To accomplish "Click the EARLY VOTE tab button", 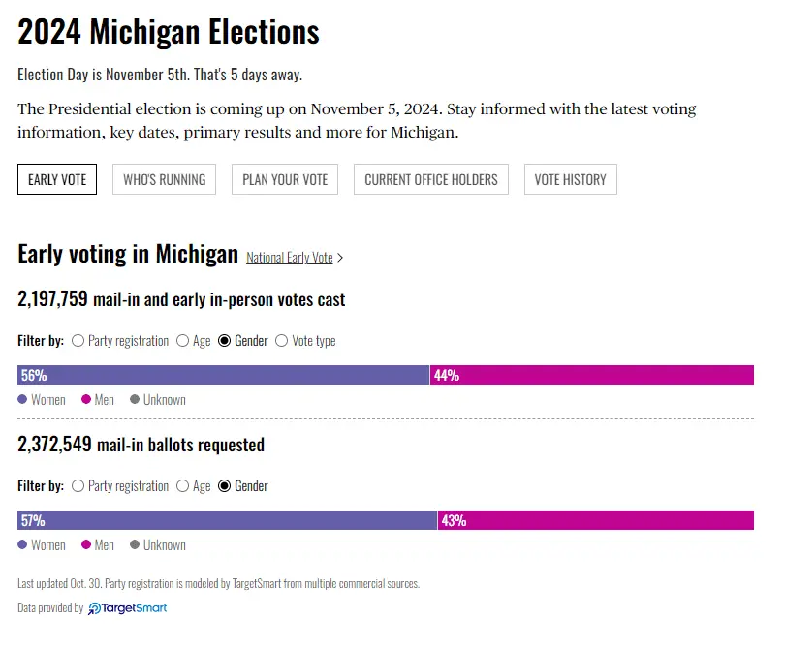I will coord(57,179).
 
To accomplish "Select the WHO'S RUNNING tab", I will coord(164,179).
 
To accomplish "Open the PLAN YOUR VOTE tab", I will coord(285,179).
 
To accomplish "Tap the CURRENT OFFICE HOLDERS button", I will coord(431,179).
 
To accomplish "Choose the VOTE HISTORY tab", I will coord(570,179).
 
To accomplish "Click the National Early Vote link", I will coord(290,258).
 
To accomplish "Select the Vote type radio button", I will coord(282,341).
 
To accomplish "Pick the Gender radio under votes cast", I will coord(226,341).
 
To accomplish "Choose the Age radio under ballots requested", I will coord(182,486).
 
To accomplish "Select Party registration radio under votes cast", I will coord(78,341).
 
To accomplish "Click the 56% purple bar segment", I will coord(223,375).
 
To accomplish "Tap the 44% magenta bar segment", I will coord(591,375).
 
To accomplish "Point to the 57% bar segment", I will coord(227,520).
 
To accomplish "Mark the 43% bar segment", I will coord(595,520).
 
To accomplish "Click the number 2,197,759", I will coord(53,300).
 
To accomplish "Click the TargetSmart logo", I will coord(128,608).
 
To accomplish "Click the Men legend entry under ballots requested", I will coord(98,545).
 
